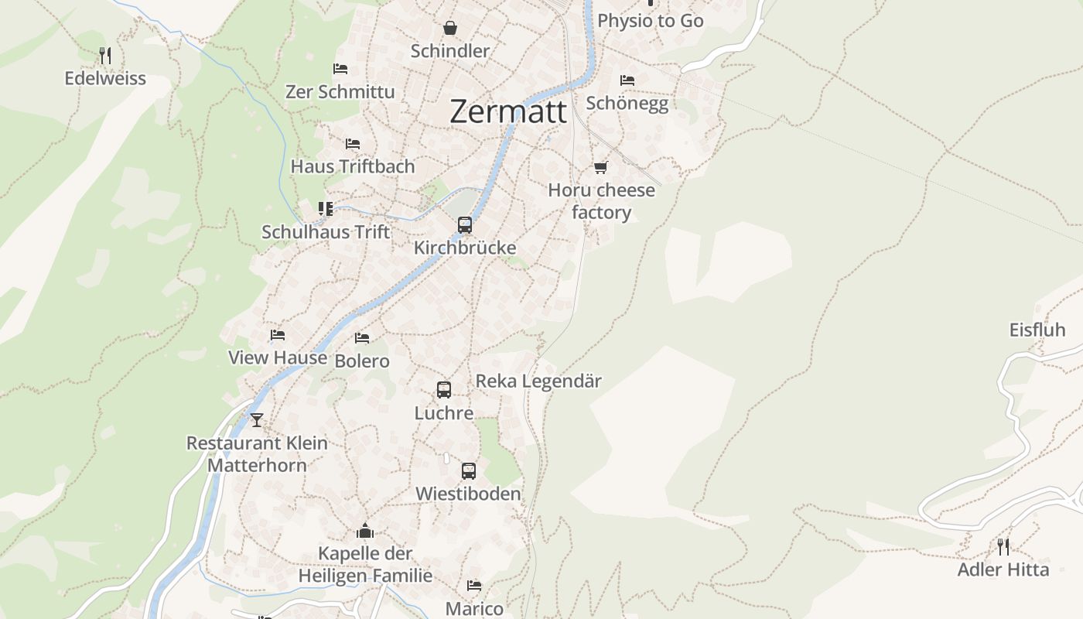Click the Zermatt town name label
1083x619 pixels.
click(x=507, y=111)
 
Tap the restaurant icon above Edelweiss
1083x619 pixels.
click(x=106, y=55)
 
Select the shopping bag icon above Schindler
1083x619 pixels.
click(x=450, y=29)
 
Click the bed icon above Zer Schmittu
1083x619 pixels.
click(x=340, y=69)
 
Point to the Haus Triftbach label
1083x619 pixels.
click(x=353, y=166)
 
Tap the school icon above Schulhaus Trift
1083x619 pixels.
click(x=326, y=209)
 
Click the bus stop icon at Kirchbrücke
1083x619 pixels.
click(x=464, y=225)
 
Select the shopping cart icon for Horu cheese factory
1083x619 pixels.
click(x=600, y=167)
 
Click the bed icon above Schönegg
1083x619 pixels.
click(x=627, y=80)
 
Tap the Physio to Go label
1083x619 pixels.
click(x=650, y=21)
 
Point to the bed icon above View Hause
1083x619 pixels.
click(x=278, y=335)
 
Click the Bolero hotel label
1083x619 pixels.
click(x=362, y=361)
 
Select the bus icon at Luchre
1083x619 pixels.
click(x=443, y=390)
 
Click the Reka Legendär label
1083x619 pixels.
click(x=538, y=381)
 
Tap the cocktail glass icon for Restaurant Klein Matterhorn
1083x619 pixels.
click(x=257, y=420)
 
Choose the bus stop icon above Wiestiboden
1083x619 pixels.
click(x=468, y=470)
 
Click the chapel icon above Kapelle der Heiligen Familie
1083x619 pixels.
click(x=365, y=531)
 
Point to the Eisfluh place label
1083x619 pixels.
click(x=1037, y=330)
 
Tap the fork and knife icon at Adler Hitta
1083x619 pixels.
click(x=1003, y=547)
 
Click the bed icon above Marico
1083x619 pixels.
click(x=474, y=586)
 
